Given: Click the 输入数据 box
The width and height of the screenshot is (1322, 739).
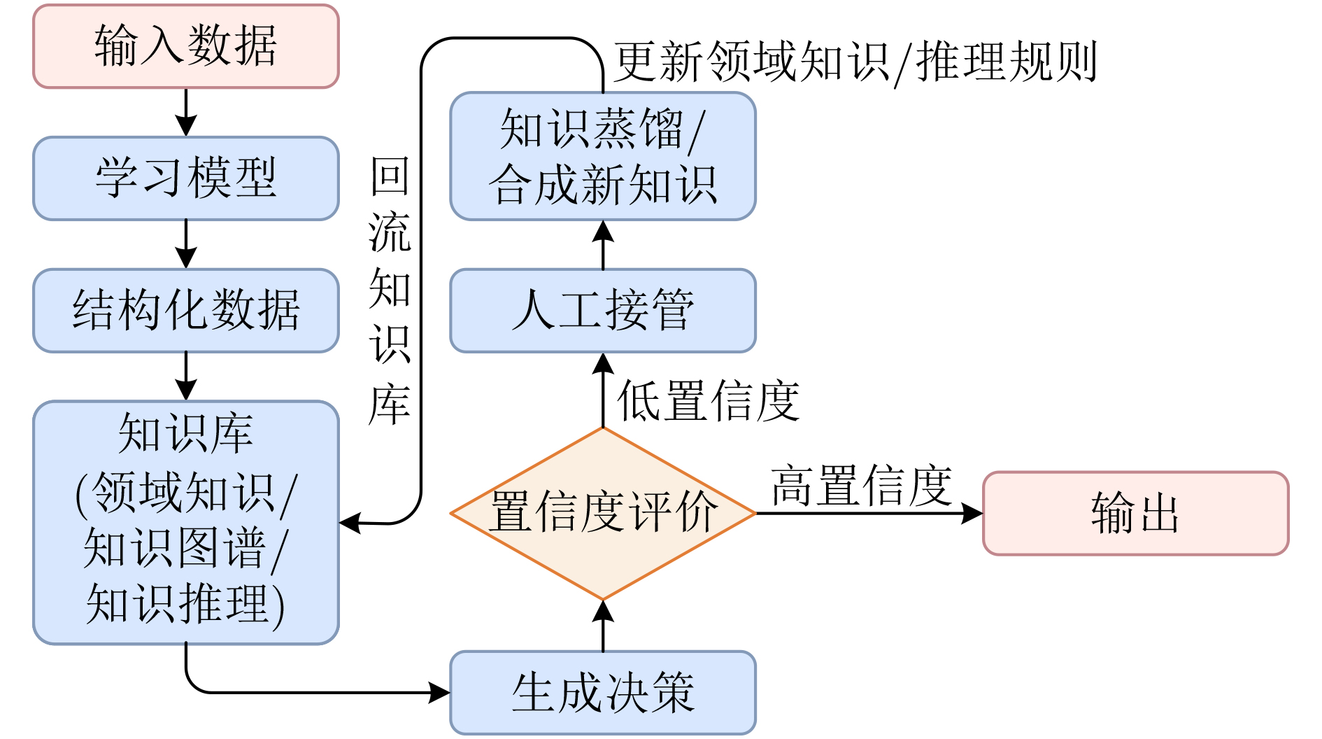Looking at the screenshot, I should coord(186,46).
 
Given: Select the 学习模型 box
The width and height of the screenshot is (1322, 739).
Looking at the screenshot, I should coord(186,178).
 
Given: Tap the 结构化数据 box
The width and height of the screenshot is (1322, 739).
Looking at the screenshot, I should coord(186,310).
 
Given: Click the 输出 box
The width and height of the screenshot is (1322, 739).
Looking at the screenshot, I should coord(1135,513).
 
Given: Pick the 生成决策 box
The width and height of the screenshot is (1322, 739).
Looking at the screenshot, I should coord(603,692).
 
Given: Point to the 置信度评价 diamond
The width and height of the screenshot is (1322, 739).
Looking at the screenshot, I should coord(603,513).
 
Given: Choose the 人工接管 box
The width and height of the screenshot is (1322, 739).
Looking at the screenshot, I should coord(603,310).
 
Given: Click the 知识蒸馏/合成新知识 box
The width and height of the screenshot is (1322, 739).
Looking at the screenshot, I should coord(603,156).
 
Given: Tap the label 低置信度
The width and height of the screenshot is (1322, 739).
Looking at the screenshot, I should coord(708,401).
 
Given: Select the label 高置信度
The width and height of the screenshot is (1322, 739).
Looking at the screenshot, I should coord(862,486).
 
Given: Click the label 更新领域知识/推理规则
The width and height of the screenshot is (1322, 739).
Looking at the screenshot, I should coord(855,62).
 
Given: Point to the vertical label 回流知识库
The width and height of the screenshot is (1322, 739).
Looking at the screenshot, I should coord(390,290).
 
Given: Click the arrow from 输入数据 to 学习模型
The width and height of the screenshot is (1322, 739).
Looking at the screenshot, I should coord(186,112).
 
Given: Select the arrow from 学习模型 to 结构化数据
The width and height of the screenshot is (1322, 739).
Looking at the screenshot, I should coord(186,244).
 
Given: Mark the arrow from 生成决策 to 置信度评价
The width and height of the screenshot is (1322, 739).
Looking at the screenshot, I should coord(603,626).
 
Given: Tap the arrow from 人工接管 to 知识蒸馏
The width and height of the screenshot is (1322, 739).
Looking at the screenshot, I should coord(603,245).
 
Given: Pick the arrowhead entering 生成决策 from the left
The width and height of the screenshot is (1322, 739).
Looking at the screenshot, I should coord(439,693).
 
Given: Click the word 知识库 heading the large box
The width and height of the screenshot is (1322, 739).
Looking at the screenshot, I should coord(186,433).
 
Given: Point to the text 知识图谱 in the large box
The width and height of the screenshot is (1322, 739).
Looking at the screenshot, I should coord(175,547).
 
